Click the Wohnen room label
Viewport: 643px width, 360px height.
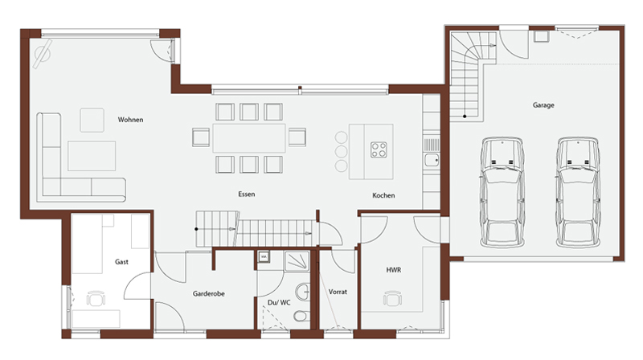coord(130,120)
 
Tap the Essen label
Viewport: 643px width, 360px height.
coord(247,194)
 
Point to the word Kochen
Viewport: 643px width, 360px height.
coord(383,195)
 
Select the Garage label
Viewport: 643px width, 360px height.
coord(543,105)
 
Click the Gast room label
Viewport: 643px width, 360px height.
coord(121,262)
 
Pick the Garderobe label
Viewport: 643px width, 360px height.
coord(208,293)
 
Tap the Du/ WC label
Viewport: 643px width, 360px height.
coord(279,303)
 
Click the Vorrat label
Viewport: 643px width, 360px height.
coord(338,292)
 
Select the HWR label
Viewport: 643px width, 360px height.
coord(393,270)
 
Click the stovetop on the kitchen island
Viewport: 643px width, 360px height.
coord(379,149)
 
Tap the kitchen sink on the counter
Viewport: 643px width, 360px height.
coord(432,160)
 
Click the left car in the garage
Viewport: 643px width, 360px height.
coord(502,192)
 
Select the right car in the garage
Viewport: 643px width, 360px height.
coord(578,192)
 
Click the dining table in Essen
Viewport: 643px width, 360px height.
coord(249,138)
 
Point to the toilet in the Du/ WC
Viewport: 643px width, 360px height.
coord(301,316)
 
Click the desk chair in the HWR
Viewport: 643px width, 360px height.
coord(392,298)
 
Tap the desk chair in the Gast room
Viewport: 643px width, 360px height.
coord(96,298)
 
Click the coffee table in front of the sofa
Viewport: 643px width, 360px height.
coord(92,156)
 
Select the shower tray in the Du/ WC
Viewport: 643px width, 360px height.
coord(297,261)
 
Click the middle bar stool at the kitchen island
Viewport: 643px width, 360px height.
coord(341,151)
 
